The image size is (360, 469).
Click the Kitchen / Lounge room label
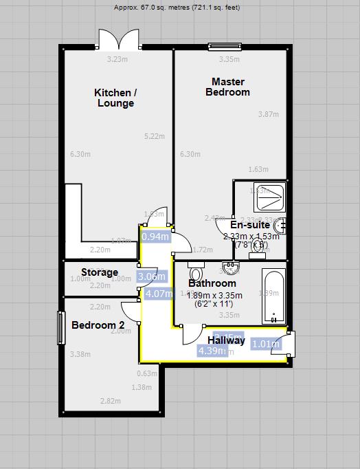pyautogui.click(x=115, y=98)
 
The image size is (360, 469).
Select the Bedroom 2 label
pyautogui.click(x=98, y=325)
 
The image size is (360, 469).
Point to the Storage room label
pyautogui.click(x=100, y=272)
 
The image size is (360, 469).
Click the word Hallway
pyautogui.click(x=226, y=340)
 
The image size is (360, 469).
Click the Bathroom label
pyautogui.click(x=212, y=283)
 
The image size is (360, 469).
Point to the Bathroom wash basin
pyautogui.click(x=229, y=268)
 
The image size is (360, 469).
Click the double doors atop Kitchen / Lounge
pyautogui.click(x=118, y=40)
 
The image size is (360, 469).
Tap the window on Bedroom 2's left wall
pyautogui.click(x=61, y=328)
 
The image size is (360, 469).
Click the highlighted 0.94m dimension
pyautogui.click(x=155, y=237)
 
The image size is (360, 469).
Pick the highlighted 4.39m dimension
pyautogui.click(x=212, y=351)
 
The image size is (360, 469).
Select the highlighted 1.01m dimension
pyautogui.click(x=266, y=344)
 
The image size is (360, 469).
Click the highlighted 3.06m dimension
pyautogui.click(x=152, y=277)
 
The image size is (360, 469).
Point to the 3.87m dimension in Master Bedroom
pyautogui.click(x=268, y=114)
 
